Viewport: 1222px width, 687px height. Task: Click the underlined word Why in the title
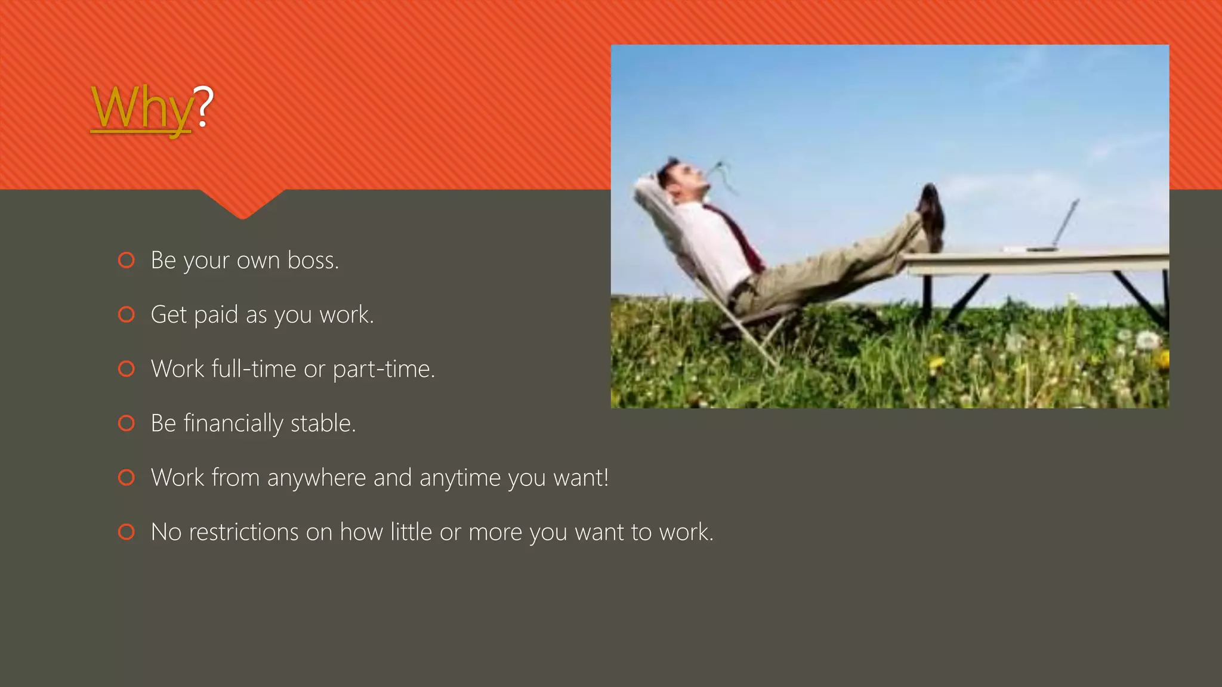pos(141,108)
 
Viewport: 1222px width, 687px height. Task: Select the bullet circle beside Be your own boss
pos(126,261)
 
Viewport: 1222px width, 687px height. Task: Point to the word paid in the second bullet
pos(215,315)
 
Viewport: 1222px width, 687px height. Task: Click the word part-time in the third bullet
pos(382,369)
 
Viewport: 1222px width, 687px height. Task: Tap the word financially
pos(233,423)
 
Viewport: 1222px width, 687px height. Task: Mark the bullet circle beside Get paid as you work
pos(126,315)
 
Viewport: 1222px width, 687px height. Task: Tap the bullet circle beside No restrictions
pos(126,532)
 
